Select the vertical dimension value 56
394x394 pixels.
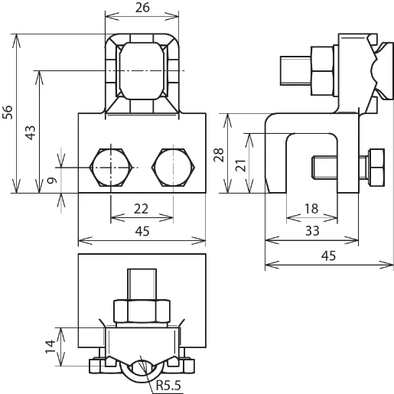pos(8,112)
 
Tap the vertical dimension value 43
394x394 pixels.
pos(31,132)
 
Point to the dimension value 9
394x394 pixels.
pos(51,181)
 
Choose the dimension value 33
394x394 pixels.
pos(313,230)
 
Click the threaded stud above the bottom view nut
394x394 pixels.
pos(142,283)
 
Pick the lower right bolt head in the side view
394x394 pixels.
pos(376,165)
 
